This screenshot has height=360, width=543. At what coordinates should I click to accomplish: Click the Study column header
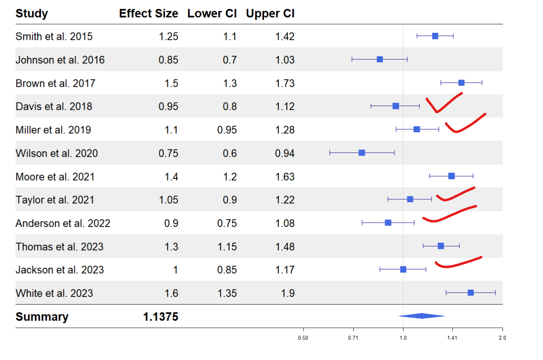pos(31,14)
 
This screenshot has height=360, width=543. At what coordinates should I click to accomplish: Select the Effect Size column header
pos(148,14)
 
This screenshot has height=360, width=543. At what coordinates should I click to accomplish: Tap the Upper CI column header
pos(270,14)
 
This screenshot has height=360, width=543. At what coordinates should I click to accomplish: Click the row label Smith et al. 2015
pos(54,37)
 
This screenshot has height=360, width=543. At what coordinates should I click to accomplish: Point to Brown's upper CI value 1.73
pos(285,84)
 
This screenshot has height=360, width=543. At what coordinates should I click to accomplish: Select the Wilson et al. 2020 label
pos(57,154)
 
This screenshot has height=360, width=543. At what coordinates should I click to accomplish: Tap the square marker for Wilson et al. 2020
pos(362,153)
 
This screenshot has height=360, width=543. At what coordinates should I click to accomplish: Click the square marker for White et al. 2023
pos(471,293)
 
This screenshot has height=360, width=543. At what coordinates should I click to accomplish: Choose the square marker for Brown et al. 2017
pos(461,83)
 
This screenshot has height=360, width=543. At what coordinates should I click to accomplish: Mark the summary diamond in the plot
pos(421,316)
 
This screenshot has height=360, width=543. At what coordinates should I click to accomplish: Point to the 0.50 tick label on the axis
pos(303,338)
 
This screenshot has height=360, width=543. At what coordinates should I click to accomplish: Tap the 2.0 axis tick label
pos(502,338)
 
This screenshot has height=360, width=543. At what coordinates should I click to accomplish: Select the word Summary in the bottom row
pos(42,317)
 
